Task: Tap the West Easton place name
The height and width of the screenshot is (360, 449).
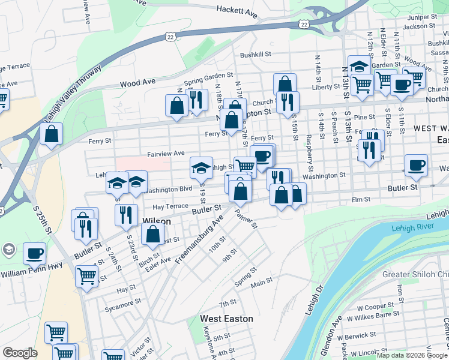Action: point(226,319)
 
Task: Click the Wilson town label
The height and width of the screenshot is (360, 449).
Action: point(156,221)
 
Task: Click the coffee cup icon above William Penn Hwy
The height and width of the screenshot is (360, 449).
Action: point(35,253)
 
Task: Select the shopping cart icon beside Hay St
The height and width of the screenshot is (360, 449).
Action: point(86,276)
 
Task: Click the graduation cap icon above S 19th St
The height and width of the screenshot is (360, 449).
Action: point(202,167)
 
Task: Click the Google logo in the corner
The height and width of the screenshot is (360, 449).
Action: point(20,353)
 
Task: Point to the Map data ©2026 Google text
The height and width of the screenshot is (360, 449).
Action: point(411,356)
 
